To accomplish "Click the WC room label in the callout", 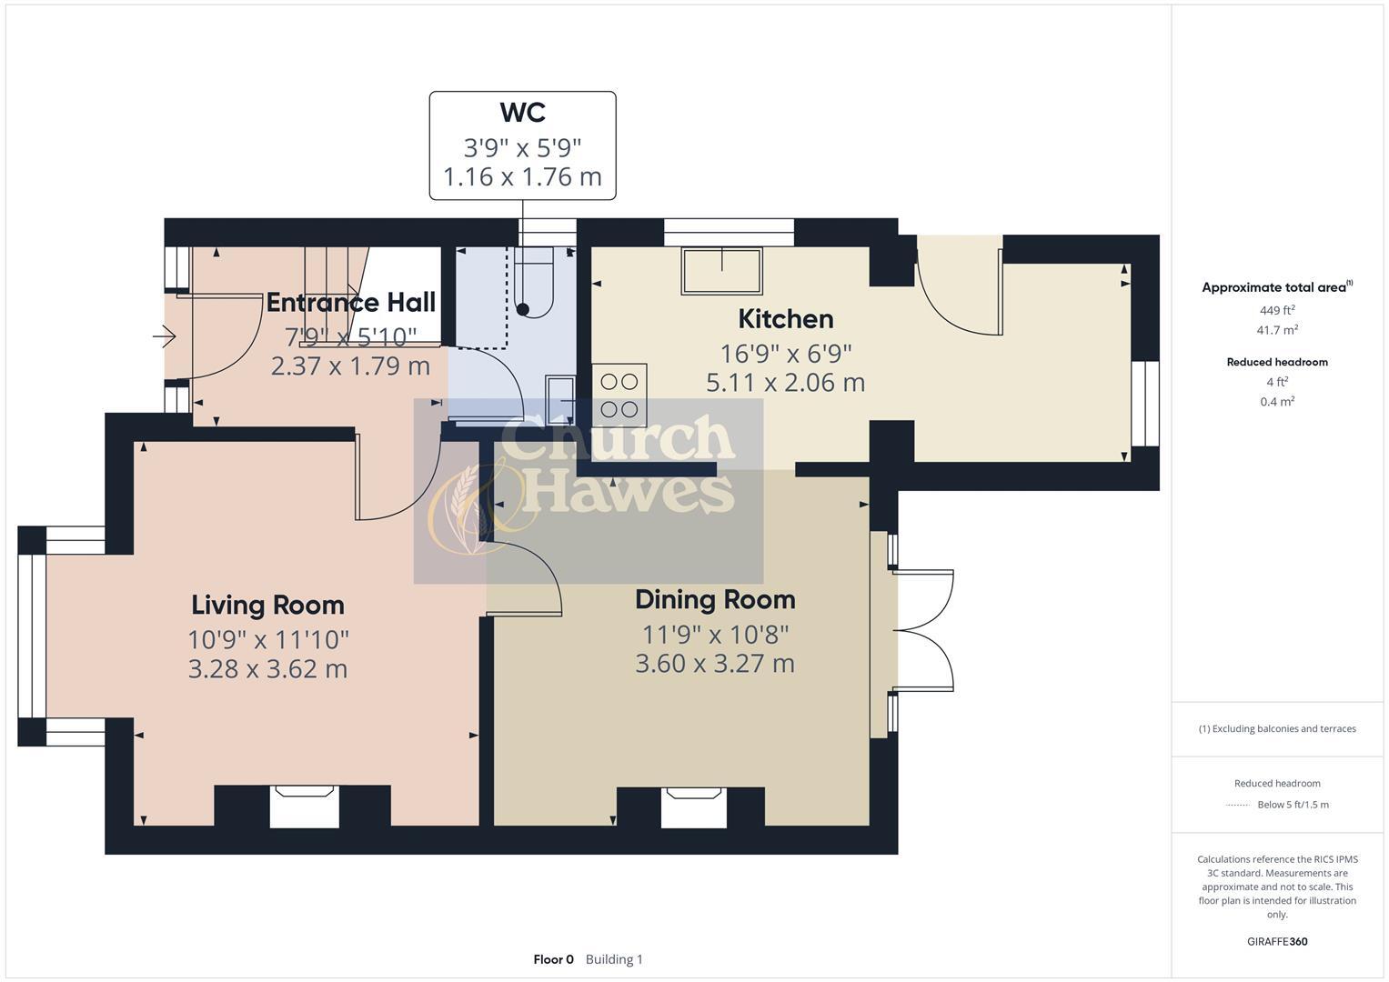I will (x=522, y=113).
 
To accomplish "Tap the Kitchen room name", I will (x=785, y=319).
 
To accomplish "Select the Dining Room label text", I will (x=715, y=600).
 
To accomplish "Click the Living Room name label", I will (x=267, y=606).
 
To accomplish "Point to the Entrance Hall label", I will (x=350, y=303).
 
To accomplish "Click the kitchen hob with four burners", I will (x=619, y=396).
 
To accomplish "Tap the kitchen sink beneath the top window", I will (x=722, y=271).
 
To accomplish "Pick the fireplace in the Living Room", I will (x=304, y=806).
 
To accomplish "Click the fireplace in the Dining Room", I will (x=693, y=807).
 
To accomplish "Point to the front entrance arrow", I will (x=165, y=337).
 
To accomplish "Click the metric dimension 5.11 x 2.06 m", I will (x=785, y=383).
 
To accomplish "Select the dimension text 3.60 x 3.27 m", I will (x=715, y=664).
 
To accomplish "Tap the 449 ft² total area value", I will (x=1277, y=310).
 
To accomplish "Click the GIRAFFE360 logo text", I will (x=1277, y=941).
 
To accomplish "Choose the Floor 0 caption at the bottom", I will (x=553, y=959).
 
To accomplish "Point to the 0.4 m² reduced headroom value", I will (x=1277, y=401).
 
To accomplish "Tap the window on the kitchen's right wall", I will (x=1145, y=404).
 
